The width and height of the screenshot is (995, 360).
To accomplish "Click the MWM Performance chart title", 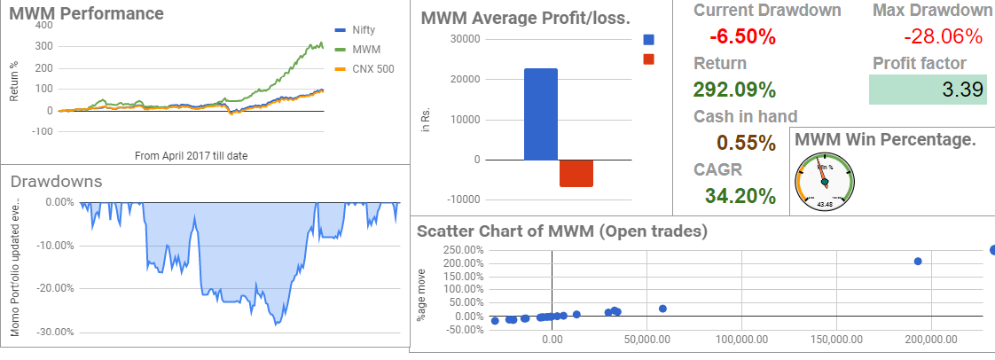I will pyautogui.click(x=86, y=14).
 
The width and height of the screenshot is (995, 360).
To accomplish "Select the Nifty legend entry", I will pyautogui.click(x=364, y=30).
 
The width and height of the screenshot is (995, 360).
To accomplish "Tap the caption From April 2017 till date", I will pyautogui.click(x=191, y=155).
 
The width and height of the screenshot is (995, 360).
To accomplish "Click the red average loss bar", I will pyautogui.click(x=576, y=173).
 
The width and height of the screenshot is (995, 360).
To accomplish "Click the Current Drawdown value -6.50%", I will pyautogui.click(x=742, y=37).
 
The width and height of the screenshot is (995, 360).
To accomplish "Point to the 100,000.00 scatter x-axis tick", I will pyautogui.click(x=741, y=340).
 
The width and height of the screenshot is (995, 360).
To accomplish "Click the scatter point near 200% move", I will pyautogui.click(x=918, y=261).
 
